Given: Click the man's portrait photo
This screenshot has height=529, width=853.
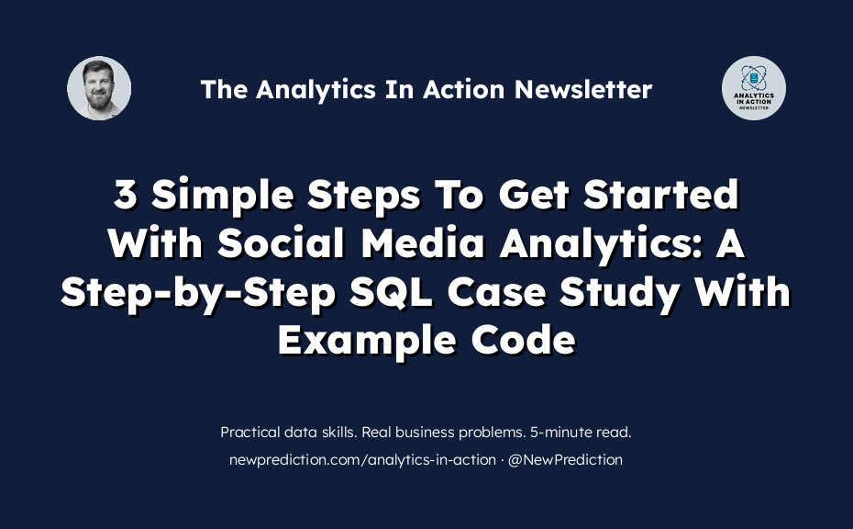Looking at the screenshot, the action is (99, 88).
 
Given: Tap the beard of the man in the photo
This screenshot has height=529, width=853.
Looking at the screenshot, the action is (99, 100).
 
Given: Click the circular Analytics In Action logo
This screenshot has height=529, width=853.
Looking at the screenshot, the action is (753, 88).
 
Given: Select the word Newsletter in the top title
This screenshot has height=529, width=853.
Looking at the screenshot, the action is (583, 89).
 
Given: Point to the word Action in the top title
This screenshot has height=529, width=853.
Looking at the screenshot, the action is (464, 89).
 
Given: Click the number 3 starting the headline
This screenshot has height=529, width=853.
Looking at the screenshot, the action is (125, 195).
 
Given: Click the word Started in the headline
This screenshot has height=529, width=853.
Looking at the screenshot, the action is (661, 195).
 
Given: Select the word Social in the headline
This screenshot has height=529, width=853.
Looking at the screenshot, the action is (282, 243).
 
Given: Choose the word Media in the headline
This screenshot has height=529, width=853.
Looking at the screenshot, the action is (422, 243).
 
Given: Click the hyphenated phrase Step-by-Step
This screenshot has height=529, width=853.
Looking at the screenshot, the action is (198, 293).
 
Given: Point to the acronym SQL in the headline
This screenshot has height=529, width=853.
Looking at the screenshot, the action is (391, 292).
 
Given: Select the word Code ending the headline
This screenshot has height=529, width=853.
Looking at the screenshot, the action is (523, 341).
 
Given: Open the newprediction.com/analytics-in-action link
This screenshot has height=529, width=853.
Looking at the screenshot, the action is (362, 460).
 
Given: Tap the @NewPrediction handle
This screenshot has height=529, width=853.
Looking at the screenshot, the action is (565, 460).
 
